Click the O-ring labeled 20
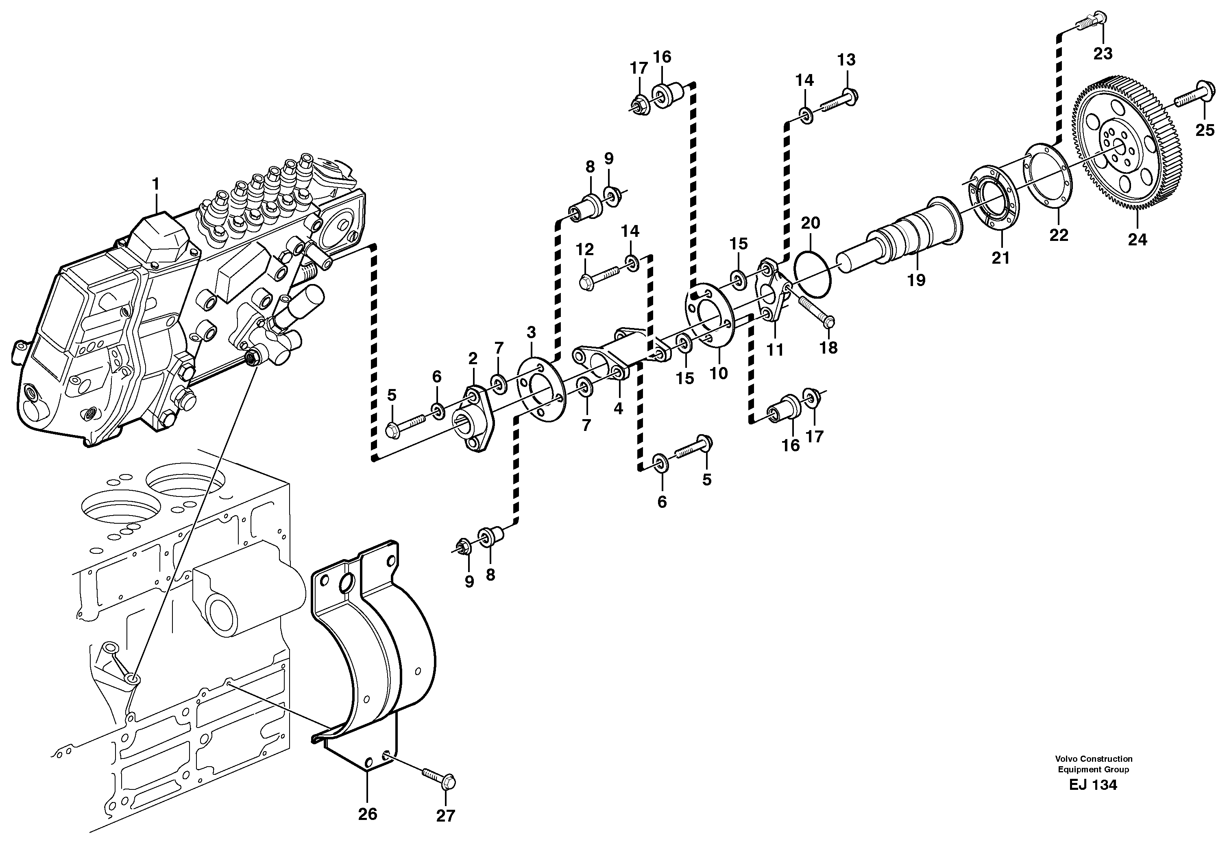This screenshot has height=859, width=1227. [x=812, y=272]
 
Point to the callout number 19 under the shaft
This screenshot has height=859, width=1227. [x=916, y=280]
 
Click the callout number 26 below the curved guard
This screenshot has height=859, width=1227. [x=368, y=814]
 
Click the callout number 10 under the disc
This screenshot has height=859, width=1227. [x=719, y=373]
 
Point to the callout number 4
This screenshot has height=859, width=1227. [x=618, y=409]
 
